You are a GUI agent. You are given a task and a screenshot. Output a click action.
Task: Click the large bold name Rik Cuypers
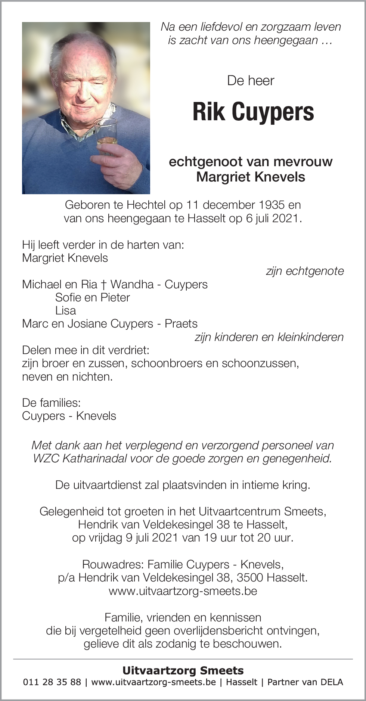pos(253,112)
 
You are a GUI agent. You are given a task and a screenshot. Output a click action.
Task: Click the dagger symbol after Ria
pos(103,285)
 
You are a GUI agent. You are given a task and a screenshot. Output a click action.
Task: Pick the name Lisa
pos(65,311)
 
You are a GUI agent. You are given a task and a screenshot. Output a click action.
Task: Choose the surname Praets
pos(181,324)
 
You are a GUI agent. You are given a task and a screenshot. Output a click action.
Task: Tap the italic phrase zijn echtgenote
pos(305,271)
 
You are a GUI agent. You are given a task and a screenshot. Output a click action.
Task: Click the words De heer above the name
pos(251,81)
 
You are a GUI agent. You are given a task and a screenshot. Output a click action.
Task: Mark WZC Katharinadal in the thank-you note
pos(80,459)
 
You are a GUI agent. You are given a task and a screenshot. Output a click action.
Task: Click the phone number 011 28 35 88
pos(52,682)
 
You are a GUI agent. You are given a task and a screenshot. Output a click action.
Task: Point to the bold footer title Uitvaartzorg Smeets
pos(183,670)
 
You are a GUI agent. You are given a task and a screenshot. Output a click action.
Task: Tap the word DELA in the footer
pos(332,682)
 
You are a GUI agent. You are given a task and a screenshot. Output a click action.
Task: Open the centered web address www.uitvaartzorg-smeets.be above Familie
pos(183,591)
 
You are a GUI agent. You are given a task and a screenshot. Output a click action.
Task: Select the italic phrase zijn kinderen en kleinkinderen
pos(269,337)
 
